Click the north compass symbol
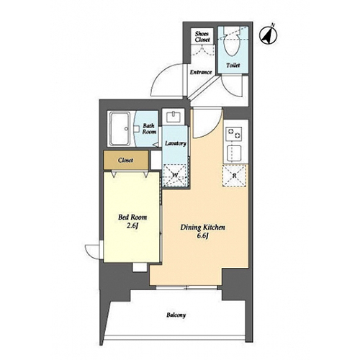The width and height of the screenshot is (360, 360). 269,35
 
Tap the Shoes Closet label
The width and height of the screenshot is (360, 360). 202,37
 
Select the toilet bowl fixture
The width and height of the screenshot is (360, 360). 231,41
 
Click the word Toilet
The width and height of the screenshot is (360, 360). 233,66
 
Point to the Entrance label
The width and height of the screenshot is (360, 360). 201,72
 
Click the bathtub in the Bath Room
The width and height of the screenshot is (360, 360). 120,129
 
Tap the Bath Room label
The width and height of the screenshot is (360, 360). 149,129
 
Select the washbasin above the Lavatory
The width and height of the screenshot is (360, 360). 174,117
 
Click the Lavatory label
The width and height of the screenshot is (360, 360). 176,143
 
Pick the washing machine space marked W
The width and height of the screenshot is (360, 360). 175,175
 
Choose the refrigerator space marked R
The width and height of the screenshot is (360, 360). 235,176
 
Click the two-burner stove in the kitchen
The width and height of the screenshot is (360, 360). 234,133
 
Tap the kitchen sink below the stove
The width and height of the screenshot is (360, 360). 234,153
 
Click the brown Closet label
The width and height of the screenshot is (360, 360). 125,160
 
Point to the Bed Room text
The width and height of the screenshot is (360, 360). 132,217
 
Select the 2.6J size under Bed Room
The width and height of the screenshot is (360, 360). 132,226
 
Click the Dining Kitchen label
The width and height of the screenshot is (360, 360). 203,227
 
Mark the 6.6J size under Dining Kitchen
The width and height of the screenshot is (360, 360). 202,235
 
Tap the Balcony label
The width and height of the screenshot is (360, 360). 176,315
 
